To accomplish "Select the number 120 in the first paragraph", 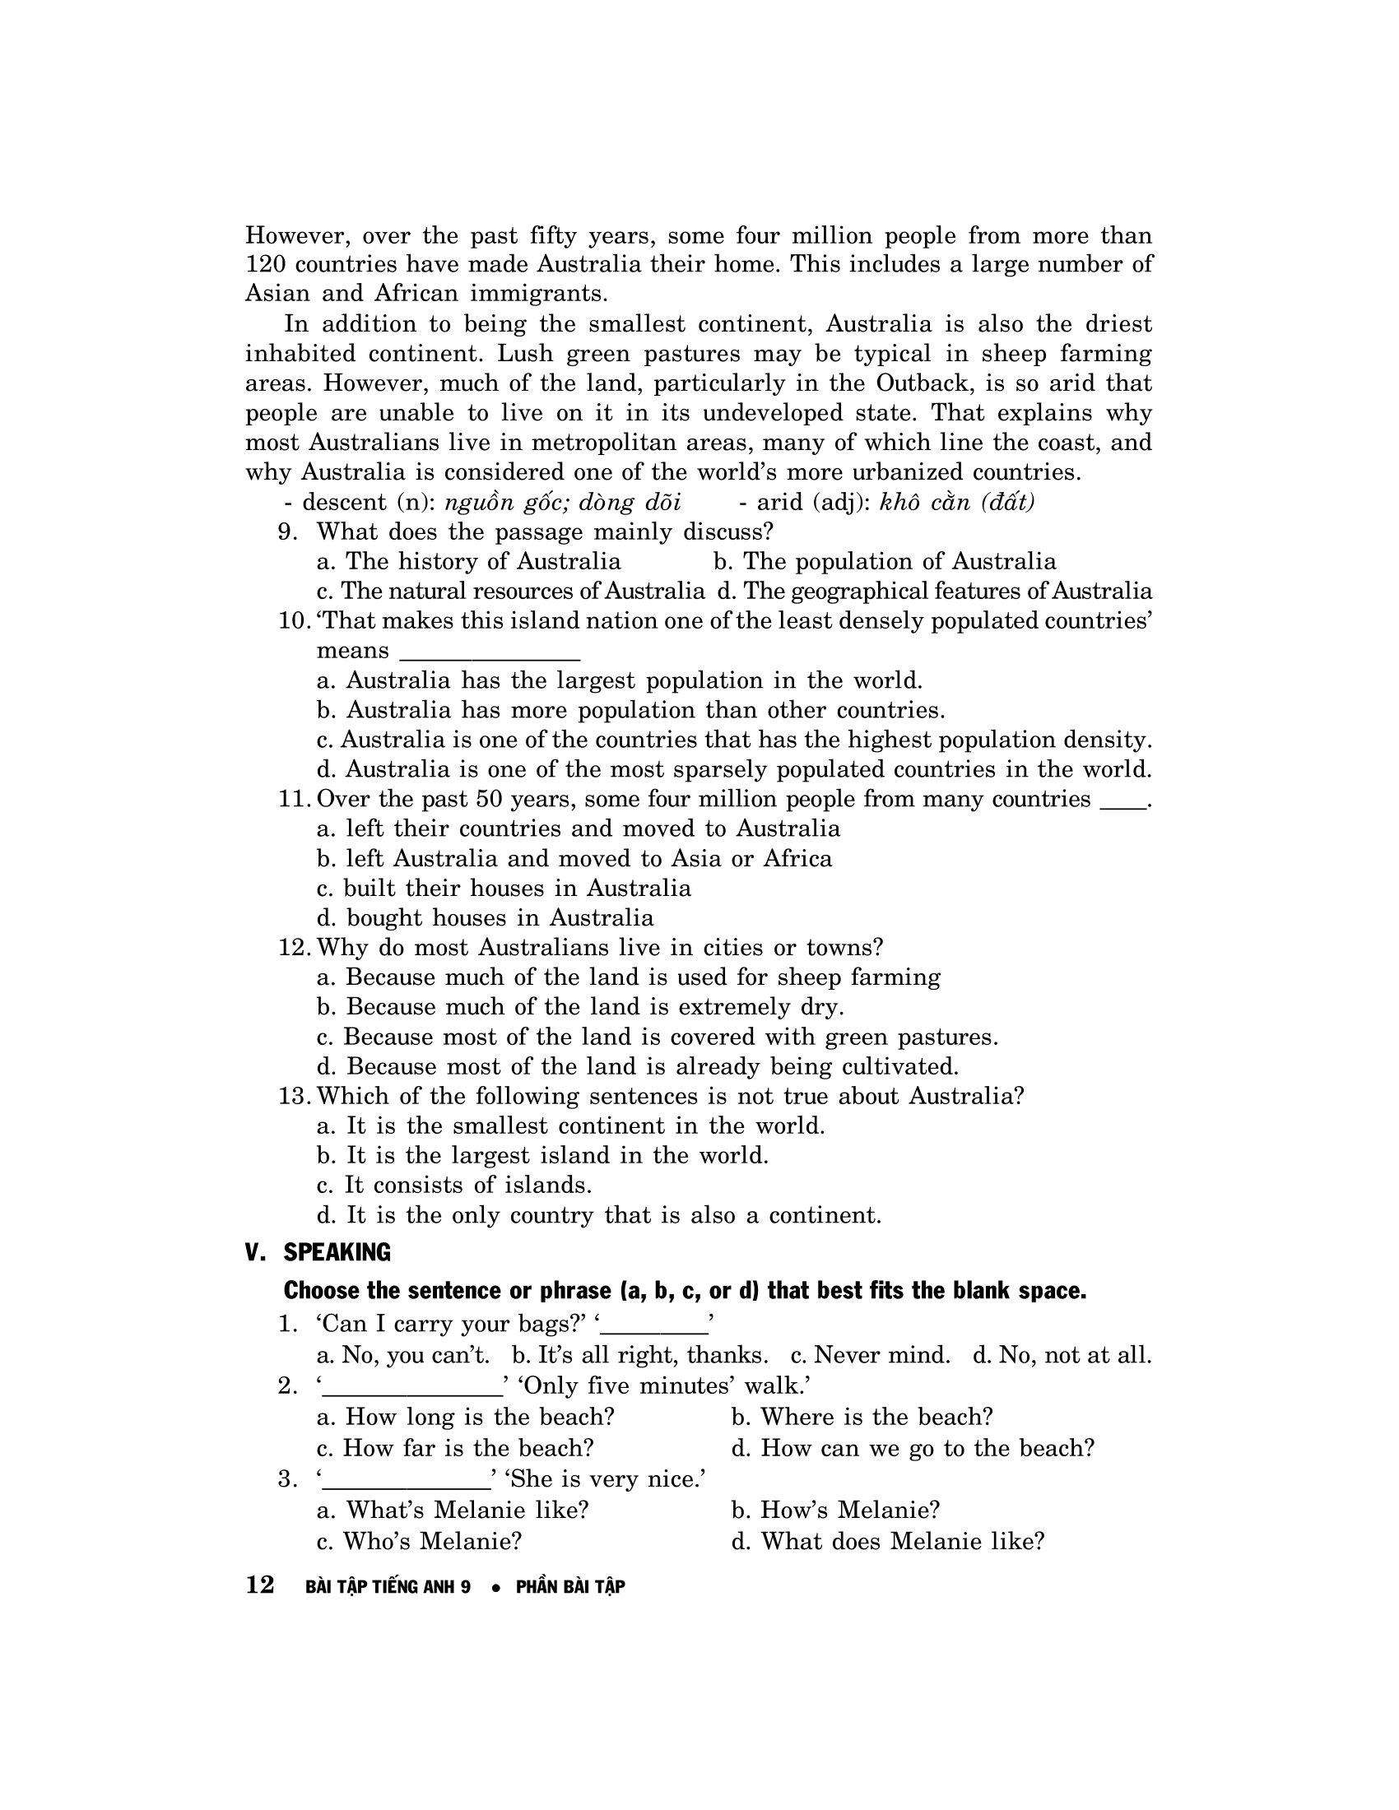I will click(x=265, y=265).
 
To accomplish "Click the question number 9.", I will click(x=286, y=532).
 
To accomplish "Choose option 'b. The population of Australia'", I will click(x=885, y=562).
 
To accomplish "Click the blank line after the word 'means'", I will click(x=489, y=653).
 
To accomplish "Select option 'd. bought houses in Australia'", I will click(x=485, y=918).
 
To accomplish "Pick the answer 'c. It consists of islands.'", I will click(x=454, y=1186).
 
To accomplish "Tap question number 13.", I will click(x=295, y=1097).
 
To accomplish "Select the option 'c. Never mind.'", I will click(x=870, y=1356).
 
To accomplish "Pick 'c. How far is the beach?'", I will click(x=456, y=1449).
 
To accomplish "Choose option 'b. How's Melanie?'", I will click(x=835, y=1511).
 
